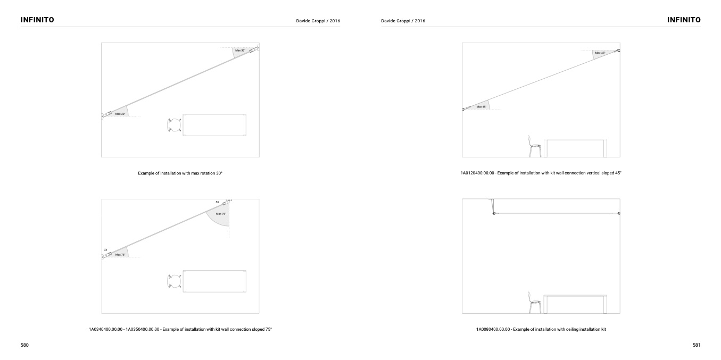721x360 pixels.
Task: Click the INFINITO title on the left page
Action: (37, 20)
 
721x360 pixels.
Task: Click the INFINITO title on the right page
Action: (684, 20)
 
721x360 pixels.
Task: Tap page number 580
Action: (24, 345)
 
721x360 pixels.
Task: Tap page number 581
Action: (697, 345)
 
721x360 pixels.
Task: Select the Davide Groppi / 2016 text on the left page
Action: (318, 21)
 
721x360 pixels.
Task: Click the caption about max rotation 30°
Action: (180, 173)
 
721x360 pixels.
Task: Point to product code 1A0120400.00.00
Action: (477, 173)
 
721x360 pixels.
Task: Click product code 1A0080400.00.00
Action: (493, 329)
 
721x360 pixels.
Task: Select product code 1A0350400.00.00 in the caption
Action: (142, 329)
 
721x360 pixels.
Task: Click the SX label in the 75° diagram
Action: (217, 202)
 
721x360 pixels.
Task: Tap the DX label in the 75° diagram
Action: (105, 249)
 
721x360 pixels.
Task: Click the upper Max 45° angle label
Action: (600, 53)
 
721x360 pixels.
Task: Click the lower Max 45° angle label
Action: (481, 106)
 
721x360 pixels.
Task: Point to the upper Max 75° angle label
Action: (221, 214)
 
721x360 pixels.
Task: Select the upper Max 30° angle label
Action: (240, 50)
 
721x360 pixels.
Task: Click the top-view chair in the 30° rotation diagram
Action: (174, 125)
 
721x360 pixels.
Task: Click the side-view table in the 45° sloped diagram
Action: (575, 148)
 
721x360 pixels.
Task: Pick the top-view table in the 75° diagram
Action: (214, 281)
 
